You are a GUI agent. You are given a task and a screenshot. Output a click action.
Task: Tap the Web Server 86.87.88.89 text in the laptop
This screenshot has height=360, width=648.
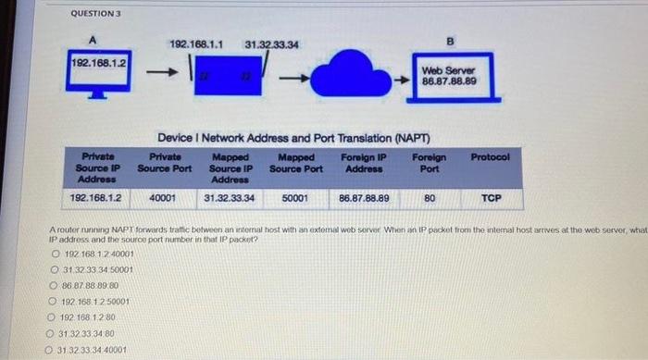[x=449, y=76]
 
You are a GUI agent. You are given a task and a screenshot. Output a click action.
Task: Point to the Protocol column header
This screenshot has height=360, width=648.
[x=490, y=157]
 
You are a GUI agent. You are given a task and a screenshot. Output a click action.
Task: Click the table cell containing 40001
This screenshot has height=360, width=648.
[x=163, y=197]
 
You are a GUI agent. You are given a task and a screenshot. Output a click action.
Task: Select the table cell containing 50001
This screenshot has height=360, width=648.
[x=295, y=197]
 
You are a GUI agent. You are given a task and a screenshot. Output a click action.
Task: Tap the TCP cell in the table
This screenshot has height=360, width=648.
[x=491, y=197]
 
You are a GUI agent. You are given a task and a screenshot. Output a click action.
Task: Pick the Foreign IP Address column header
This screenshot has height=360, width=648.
[x=364, y=163]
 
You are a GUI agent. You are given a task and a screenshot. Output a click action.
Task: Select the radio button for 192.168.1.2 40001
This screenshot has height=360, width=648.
[x=56, y=254]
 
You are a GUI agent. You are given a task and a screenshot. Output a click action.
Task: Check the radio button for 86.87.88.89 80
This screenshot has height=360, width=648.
[x=56, y=286]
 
